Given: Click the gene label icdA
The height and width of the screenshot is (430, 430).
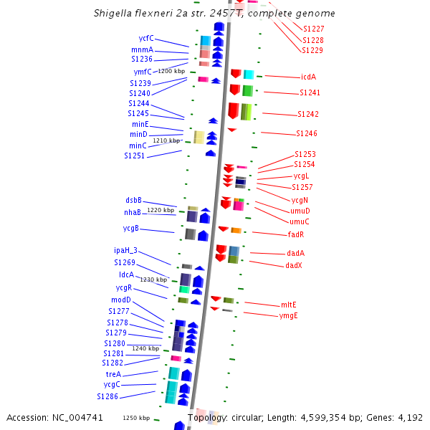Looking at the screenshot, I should (309, 77).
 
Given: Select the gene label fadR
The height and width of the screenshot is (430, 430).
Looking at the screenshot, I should (296, 234).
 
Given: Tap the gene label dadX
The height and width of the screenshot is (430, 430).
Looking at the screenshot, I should (294, 265).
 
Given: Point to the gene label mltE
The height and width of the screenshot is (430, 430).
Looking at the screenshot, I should (289, 305).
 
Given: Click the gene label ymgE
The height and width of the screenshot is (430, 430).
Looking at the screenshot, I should (289, 315).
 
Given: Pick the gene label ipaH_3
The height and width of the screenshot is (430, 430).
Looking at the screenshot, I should (125, 251).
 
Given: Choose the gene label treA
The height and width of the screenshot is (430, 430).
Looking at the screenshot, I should (113, 374).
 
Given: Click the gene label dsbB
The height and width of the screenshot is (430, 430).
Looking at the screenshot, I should (133, 201).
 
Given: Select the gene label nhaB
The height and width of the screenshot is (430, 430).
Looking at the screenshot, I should (133, 212).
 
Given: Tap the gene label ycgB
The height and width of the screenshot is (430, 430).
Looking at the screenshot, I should (130, 229).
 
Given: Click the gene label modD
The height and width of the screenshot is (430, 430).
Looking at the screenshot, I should (121, 300).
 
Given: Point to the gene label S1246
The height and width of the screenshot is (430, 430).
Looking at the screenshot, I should (307, 133).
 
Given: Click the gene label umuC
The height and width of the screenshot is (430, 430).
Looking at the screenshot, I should (300, 221).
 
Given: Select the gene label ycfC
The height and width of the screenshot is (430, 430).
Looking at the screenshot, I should (146, 38).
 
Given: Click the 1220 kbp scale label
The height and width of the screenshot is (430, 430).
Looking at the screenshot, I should (161, 210).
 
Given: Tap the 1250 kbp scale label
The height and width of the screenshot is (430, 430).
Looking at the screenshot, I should (136, 418).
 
